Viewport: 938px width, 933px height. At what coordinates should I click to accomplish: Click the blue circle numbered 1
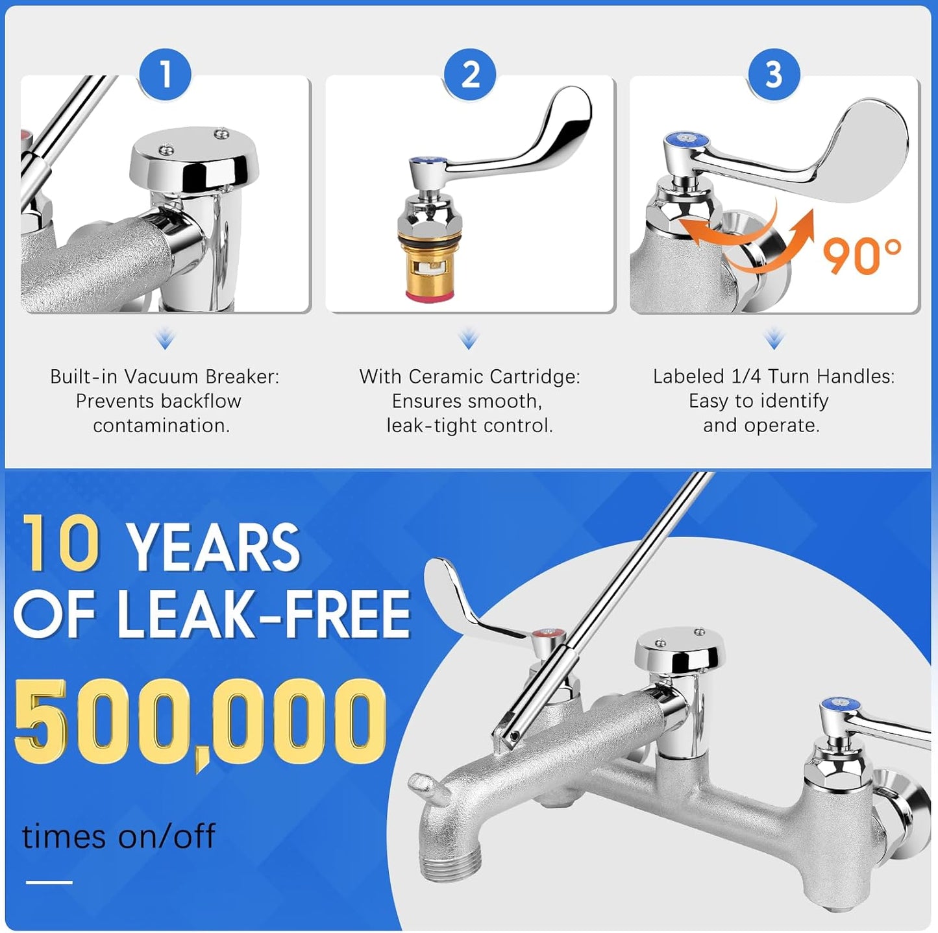(x=165, y=74)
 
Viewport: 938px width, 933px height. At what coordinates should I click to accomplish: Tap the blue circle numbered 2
(x=470, y=74)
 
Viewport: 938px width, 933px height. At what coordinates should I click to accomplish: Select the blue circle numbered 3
(x=774, y=74)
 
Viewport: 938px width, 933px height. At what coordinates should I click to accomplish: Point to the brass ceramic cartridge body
(x=423, y=263)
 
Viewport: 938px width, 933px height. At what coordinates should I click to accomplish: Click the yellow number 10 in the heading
(x=61, y=542)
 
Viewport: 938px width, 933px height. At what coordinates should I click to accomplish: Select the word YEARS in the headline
(x=215, y=547)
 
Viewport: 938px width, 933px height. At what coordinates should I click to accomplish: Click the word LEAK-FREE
(x=264, y=614)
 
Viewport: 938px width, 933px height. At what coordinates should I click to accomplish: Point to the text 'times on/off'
(x=119, y=836)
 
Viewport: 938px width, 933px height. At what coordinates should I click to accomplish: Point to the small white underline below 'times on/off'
(x=49, y=882)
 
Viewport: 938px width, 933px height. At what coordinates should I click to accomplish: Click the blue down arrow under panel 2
(x=469, y=339)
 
